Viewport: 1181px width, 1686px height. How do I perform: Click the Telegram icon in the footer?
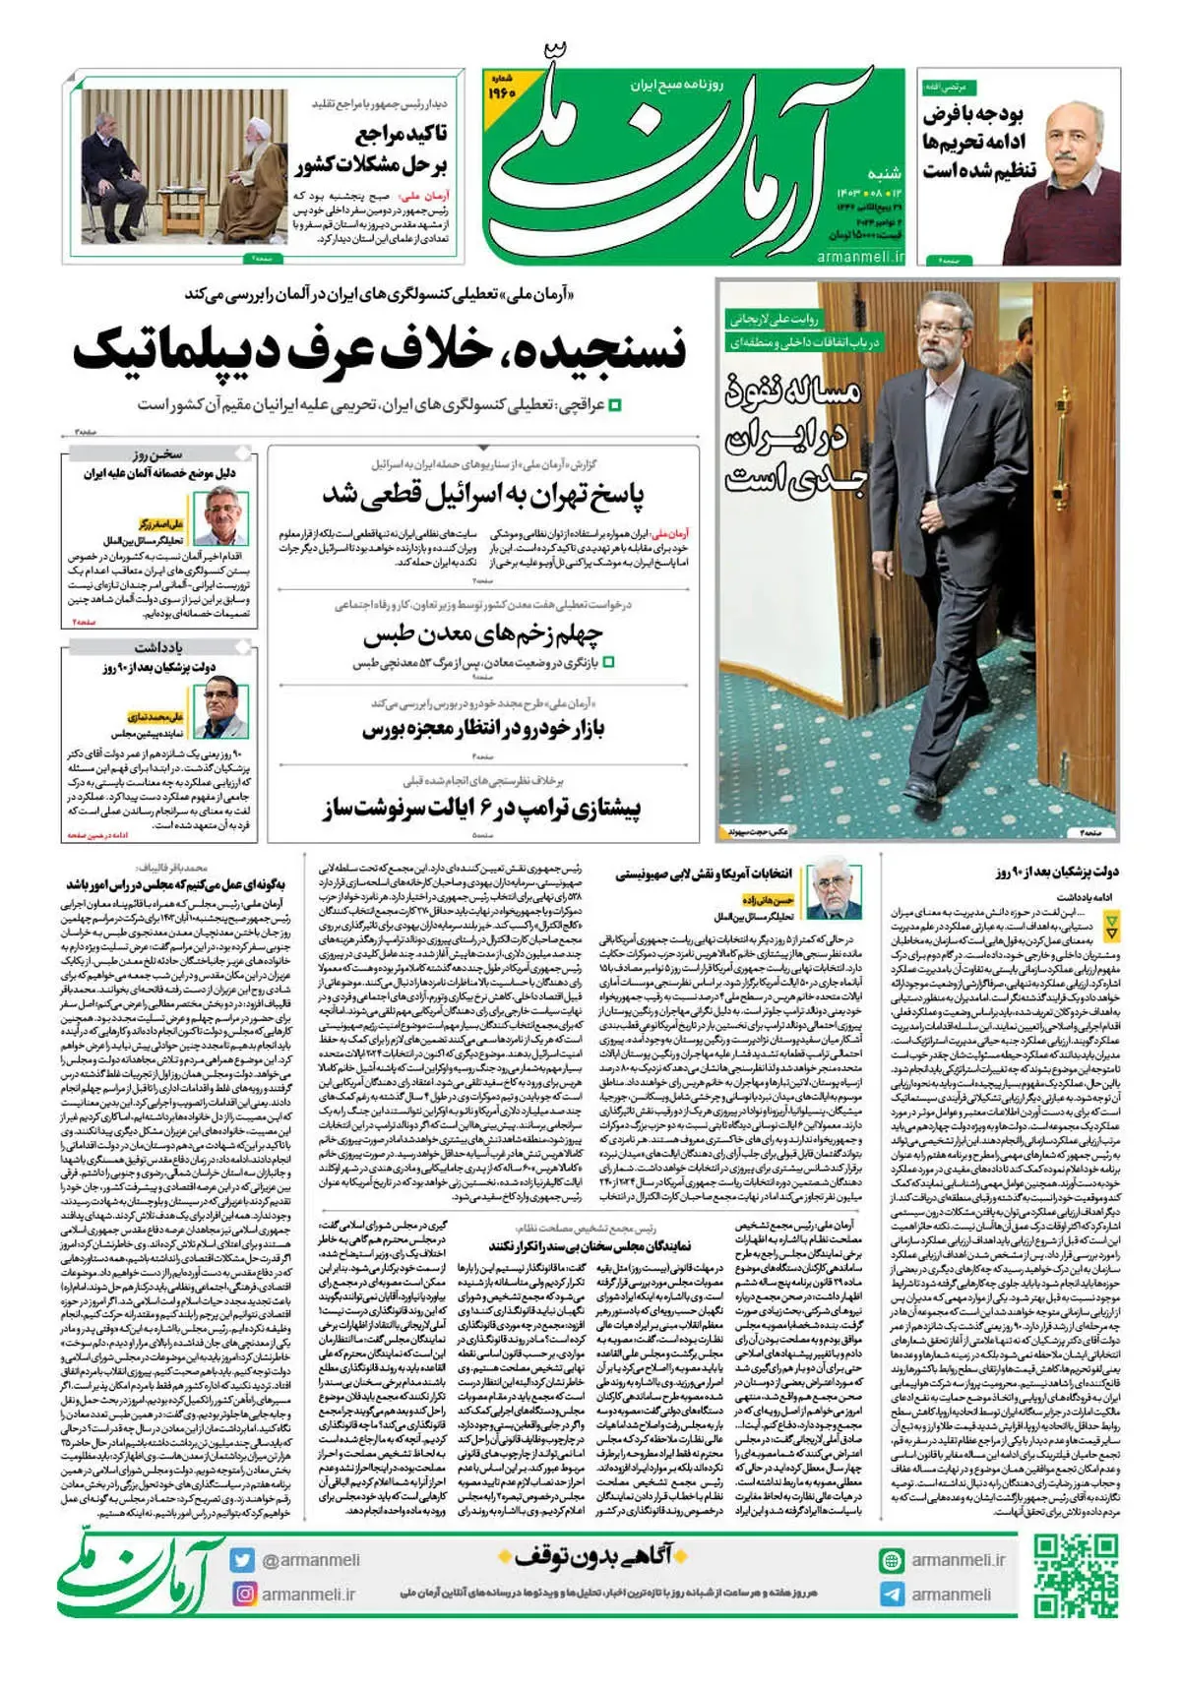click(891, 1595)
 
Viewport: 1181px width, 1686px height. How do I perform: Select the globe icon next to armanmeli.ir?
click(891, 1560)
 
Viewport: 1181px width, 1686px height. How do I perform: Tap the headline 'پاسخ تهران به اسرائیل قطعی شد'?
click(482, 494)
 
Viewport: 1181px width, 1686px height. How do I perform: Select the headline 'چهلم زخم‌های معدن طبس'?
click(482, 634)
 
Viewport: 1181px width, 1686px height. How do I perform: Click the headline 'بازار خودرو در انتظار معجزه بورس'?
click(482, 729)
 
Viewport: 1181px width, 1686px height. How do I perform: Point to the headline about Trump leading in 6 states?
click(482, 810)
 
